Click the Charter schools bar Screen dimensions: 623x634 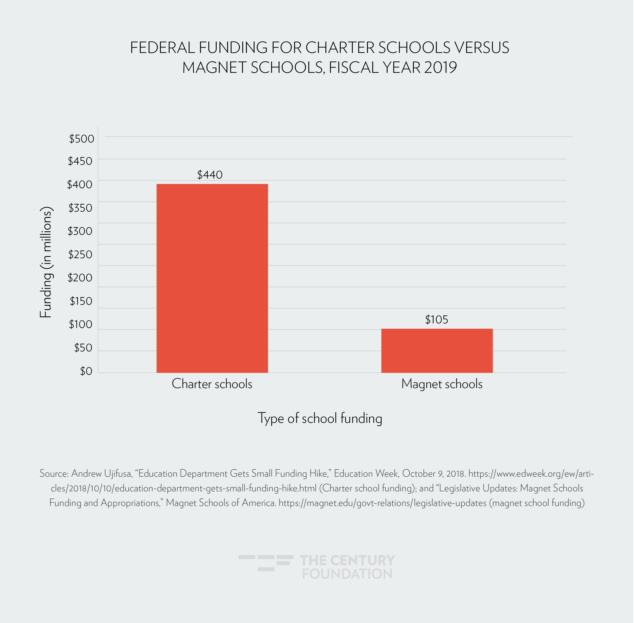(x=212, y=278)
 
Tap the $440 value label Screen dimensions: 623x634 (x=209, y=175)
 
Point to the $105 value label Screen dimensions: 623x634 (x=436, y=319)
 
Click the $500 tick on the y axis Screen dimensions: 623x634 (x=81, y=139)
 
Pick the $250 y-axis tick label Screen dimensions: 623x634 (x=80, y=254)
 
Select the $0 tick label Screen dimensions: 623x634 (x=86, y=371)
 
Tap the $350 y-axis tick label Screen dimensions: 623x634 (x=80, y=208)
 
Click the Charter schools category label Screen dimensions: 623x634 (x=212, y=384)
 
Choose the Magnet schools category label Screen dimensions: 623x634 (x=442, y=384)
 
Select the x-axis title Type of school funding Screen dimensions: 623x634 (x=320, y=418)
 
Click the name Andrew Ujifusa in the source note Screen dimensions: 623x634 (x=102, y=473)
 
